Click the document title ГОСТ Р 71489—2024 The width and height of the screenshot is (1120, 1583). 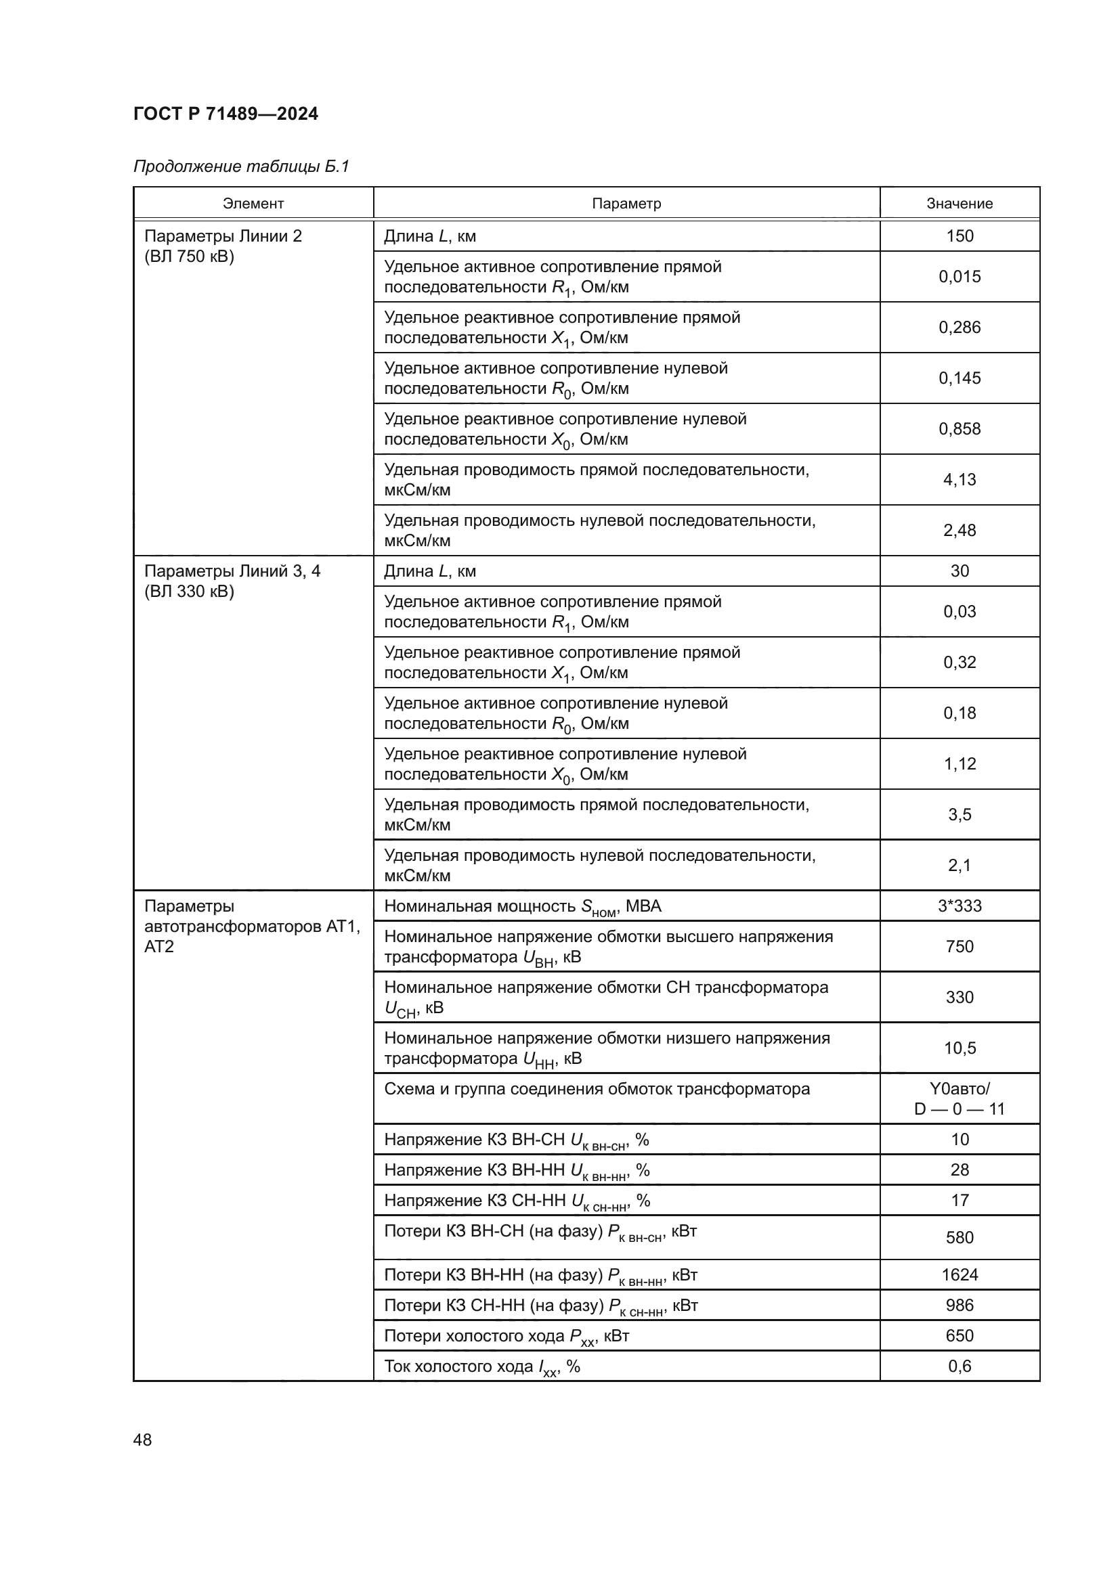coord(225,114)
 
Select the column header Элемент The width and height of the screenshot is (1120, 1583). coord(253,204)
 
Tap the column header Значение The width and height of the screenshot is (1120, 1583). coord(960,204)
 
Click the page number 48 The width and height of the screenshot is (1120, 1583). coord(143,1440)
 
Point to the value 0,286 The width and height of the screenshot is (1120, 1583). coord(960,328)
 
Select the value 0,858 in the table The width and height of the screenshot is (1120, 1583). coord(960,429)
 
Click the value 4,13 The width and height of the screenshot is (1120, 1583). coord(960,480)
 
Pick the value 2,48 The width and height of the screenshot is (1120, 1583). coord(960,530)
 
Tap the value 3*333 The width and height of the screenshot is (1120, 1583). coord(960,906)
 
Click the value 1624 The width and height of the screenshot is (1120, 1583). coord(960,1275)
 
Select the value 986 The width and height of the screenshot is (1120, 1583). coord(960,1305)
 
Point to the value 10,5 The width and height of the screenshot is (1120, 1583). coord(960,1048)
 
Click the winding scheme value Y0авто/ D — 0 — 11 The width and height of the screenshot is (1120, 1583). coord(960,1099)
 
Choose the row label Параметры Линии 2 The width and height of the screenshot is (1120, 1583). coord(223,236)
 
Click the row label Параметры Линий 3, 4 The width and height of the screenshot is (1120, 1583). coord(232,571)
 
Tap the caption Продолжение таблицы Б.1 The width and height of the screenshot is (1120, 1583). coord(241,166)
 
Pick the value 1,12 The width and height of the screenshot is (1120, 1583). coord(960,764)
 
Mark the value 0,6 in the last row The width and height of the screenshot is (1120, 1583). coord(960,1366)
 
